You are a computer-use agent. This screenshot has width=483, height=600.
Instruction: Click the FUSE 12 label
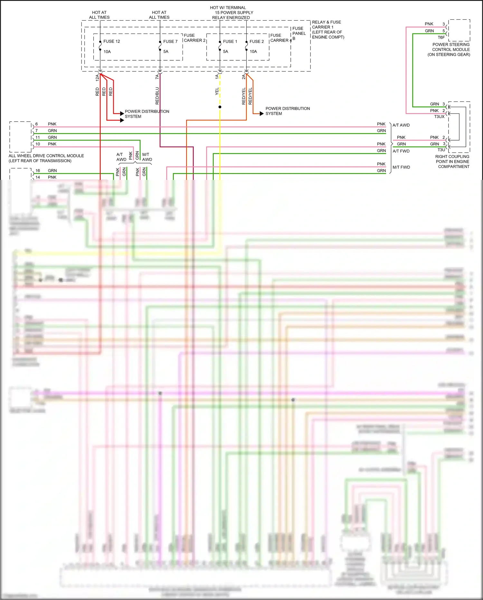click(111, 41)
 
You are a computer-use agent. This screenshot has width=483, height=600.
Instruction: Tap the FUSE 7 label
click(170, 41)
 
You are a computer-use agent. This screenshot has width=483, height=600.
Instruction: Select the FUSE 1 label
click(230, 41)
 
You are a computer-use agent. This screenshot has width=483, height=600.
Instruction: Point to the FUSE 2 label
click(257, 41)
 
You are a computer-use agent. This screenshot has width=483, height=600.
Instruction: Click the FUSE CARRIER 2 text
click(194, 38)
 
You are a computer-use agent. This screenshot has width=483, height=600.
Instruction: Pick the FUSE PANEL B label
click(298, 33)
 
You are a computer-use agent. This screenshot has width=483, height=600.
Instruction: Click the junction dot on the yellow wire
click(220, 107)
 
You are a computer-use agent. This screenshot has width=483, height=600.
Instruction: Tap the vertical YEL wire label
click(217, 91)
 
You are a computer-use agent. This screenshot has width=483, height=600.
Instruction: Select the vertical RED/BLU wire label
click(157, 95)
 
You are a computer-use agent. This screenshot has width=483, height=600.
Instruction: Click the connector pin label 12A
click(97, 77)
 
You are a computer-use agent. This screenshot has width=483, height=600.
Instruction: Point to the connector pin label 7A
click(157, 77)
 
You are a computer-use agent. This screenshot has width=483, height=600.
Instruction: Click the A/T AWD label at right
click(401, 125)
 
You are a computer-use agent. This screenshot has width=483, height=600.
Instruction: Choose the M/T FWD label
click(401, 167)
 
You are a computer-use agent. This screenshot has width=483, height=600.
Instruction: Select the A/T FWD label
click(401, 151)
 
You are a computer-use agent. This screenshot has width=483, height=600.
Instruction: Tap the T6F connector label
click(441, 37)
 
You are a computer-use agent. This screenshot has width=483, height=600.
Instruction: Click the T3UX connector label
click(439, 116)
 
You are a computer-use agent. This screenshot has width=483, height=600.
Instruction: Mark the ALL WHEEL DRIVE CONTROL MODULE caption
click(46, 158)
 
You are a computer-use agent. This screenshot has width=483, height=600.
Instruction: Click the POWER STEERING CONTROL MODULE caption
click(450, 49)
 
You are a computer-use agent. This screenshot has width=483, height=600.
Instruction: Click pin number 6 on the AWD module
click(36, 124)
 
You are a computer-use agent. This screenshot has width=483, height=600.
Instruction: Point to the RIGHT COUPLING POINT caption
click(452, 162)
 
